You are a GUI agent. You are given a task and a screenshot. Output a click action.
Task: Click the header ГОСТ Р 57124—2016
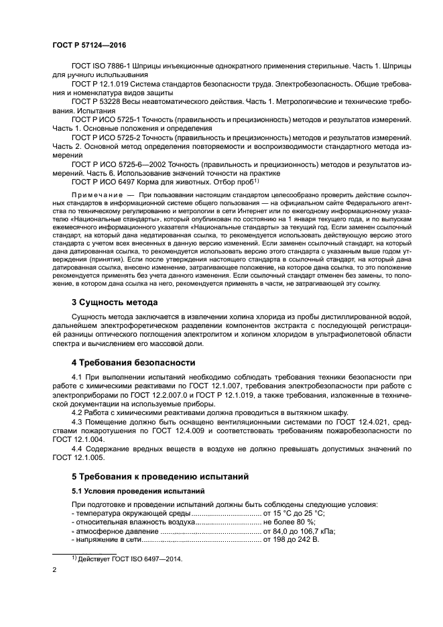tap(88, 45)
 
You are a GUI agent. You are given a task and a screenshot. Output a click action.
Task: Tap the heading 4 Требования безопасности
tap(133, 362)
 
